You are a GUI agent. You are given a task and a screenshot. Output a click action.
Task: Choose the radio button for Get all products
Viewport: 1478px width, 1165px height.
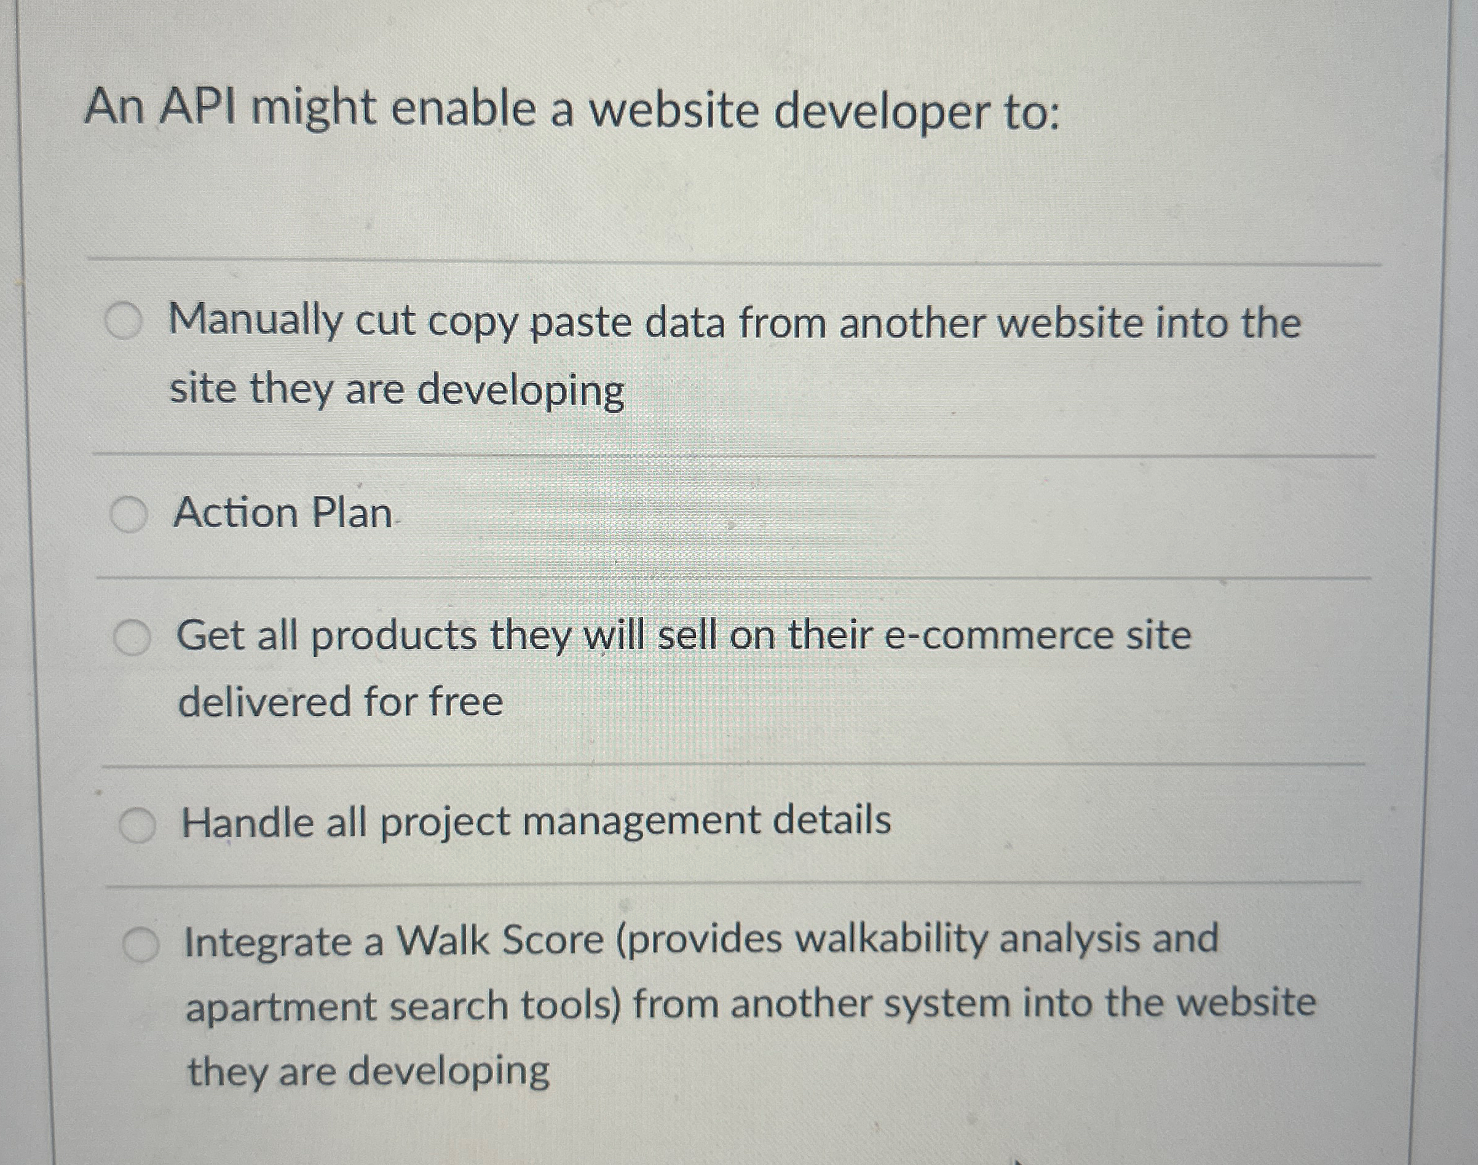tap(132, 638)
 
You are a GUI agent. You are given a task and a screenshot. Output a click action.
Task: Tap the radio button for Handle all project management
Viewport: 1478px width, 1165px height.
tap(137, 825)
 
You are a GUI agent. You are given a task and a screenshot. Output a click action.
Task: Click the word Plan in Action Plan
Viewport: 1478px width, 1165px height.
tap(351, 513)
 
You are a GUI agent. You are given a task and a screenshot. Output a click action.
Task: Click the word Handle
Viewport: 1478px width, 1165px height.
tap(247, 822)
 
